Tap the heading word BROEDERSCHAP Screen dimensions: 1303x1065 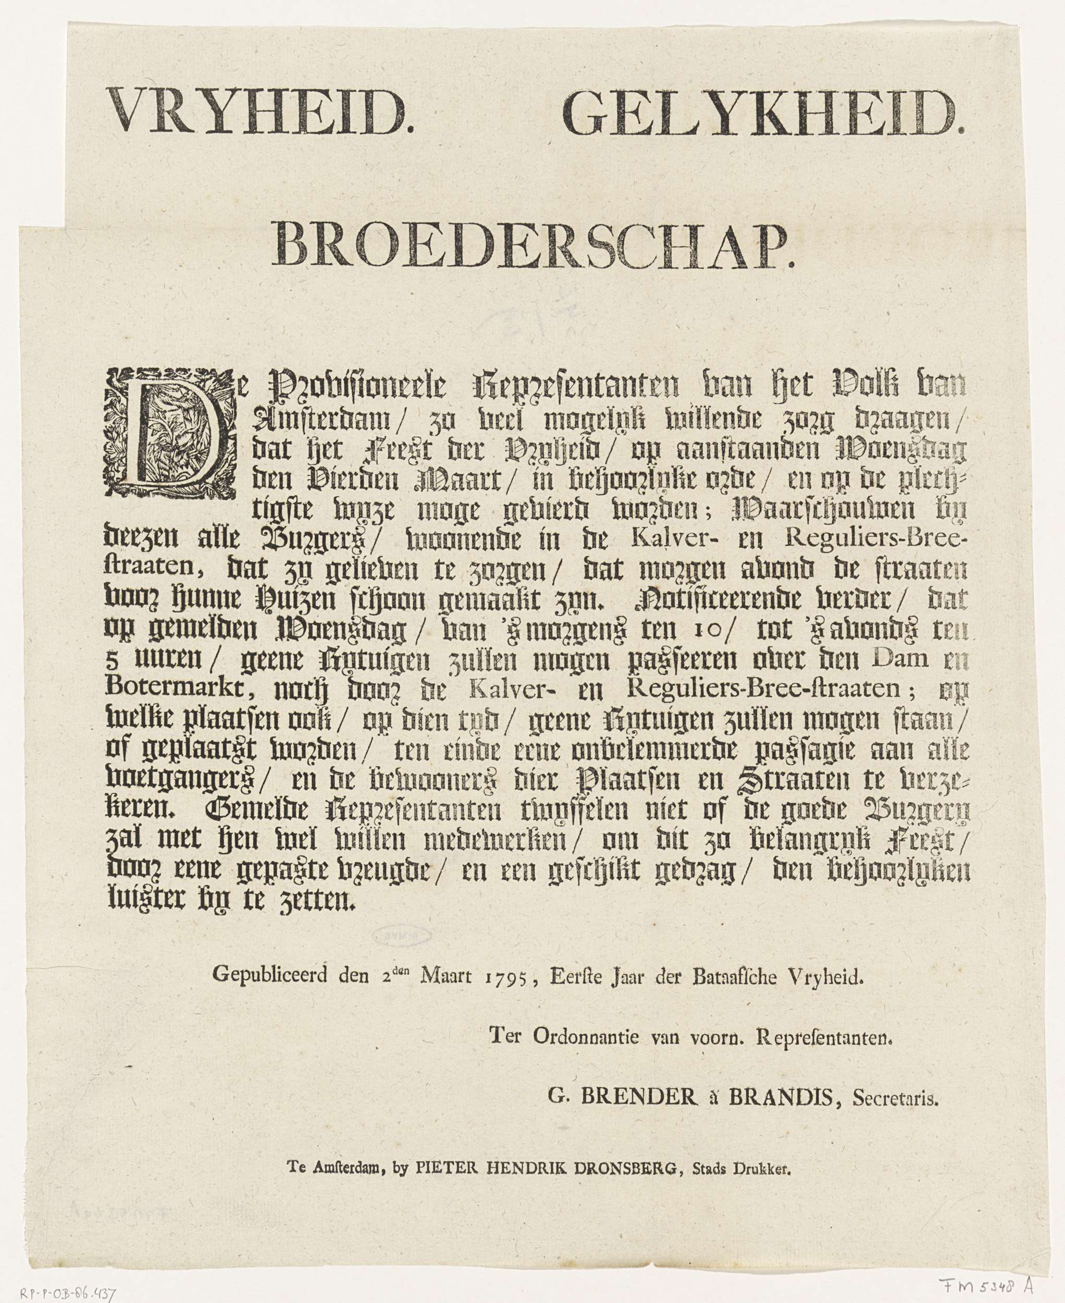pos(533,248)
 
